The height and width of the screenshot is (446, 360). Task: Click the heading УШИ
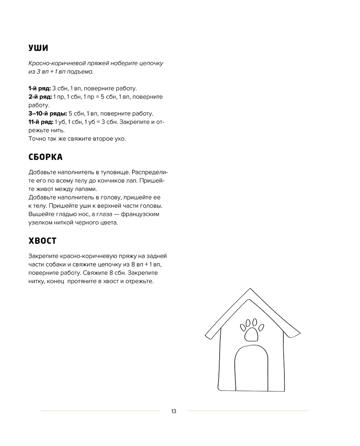click(38, 48)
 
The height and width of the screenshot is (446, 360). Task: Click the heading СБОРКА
click(45, 157)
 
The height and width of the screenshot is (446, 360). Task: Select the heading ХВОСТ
click(42, 241)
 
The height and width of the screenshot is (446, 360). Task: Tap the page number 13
click(174, 411)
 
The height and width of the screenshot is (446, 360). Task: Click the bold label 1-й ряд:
click(40, 88)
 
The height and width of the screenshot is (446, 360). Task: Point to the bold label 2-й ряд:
click(40, 97)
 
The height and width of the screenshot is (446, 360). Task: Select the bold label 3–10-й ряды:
click(48, 113)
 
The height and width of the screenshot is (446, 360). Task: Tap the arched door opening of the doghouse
click(251, 369)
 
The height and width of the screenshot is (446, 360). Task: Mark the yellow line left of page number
click(100, 411)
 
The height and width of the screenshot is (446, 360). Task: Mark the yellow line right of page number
click(248, 411)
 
